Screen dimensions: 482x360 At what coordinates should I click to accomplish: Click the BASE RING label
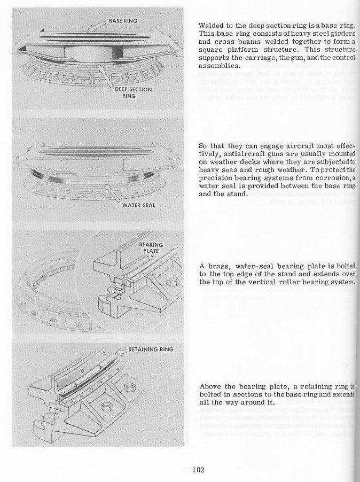click(x=123, y=21)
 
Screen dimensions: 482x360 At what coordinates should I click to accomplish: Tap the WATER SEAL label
click(x=138, y=205)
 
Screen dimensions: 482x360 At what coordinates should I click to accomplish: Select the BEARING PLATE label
click(x=151, y=247)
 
